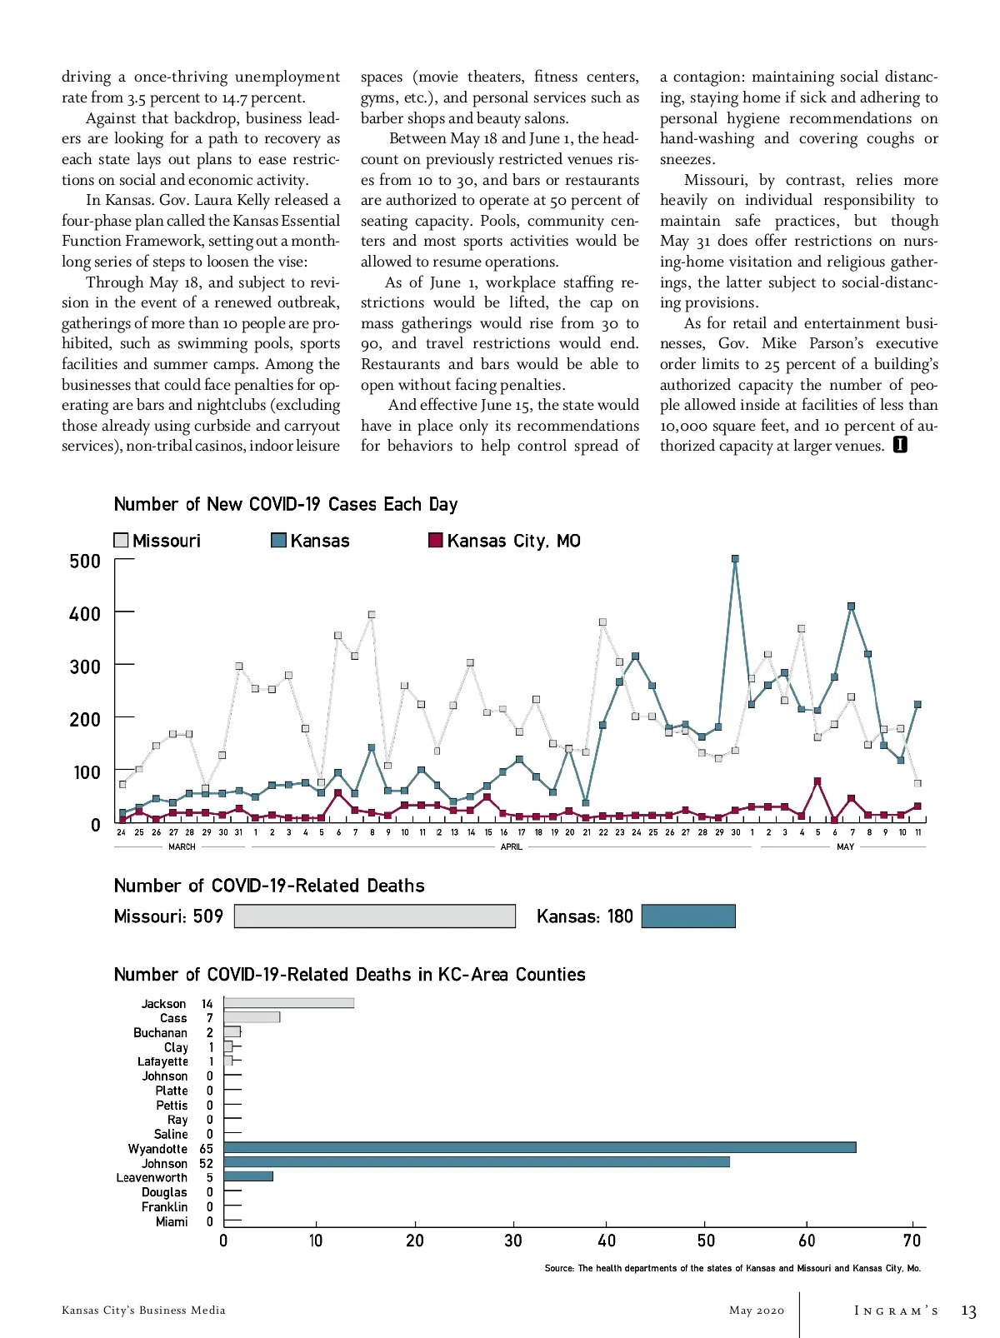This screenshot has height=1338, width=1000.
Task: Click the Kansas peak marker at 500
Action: point(735,559)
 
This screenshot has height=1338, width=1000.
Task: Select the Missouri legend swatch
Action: point(122,540)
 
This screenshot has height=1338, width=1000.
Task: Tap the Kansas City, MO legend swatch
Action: point(435,540)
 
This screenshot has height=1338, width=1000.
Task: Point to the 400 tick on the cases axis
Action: point(85,614)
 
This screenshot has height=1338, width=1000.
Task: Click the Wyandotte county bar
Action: point(539,1147)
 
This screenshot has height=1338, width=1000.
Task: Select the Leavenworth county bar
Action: point(248,1176)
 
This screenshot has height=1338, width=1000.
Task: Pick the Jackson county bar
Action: point(288,1003)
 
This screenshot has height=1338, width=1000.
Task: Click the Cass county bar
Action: point(252,1017)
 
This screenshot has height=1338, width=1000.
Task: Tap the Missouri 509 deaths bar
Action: point(375,916)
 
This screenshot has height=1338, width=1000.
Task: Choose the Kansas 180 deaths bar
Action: point(688,916)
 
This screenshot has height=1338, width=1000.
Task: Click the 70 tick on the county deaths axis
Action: point(912,1241)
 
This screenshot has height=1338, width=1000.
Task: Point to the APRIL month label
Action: point(512,846)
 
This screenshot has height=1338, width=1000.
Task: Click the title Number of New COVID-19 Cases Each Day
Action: point(286,504)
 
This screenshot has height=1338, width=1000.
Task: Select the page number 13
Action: point(968,1311)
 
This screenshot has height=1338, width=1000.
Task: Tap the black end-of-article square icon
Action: point(900,445)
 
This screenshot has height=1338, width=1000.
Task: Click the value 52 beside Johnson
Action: point(206,1163)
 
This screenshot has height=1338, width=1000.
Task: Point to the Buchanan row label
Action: point(160,1032)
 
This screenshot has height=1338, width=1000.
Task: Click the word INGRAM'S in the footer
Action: point(896,1311)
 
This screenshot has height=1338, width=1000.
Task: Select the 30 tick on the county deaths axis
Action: point(513,1241)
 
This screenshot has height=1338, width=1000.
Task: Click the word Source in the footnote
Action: point(558,1268)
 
